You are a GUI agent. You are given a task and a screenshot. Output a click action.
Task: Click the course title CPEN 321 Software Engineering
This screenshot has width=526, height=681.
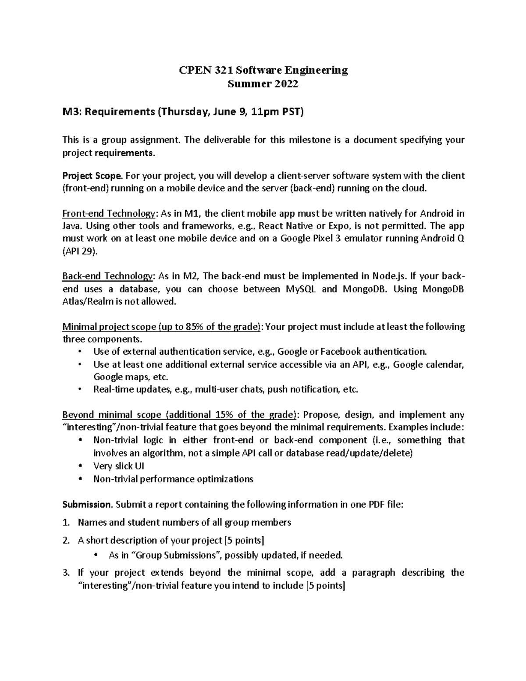click(x=263, y=70)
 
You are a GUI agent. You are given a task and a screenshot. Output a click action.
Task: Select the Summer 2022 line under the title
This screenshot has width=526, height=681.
click(x=263, y=84)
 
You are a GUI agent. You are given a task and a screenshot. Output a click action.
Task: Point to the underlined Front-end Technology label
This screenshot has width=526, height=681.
click(x=109, y=214)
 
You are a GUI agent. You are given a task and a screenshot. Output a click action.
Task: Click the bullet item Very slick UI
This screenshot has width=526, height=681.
click(x=119, y=466)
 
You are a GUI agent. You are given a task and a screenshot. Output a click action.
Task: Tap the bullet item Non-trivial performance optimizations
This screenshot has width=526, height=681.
click(x=173, y=479)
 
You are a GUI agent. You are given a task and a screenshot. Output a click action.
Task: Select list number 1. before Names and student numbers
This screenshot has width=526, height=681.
click(x=66, y=522)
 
